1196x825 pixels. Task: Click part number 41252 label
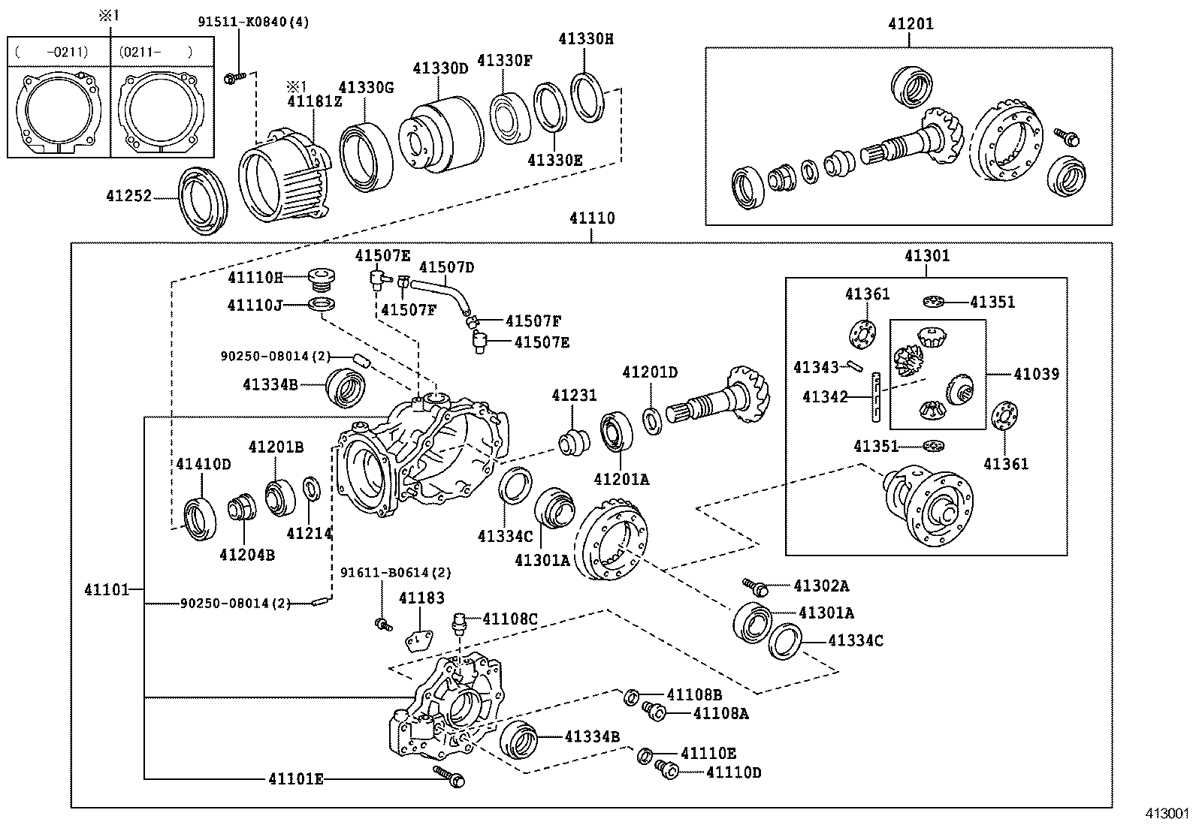coord(128,196)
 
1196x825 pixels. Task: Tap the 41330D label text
coord(440,68)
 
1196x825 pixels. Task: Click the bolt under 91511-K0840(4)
coord(235,77)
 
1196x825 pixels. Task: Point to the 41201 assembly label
coord(911,23)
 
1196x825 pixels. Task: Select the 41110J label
coord(255,305)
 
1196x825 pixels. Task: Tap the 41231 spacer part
coord(575,441)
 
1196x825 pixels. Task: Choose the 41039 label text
coord(1036,373)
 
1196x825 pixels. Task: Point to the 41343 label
coord(816,367)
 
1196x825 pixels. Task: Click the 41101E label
coord(296,778)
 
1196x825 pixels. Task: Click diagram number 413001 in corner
coord(1167,814)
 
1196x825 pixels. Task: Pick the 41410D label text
coord(204,464)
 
